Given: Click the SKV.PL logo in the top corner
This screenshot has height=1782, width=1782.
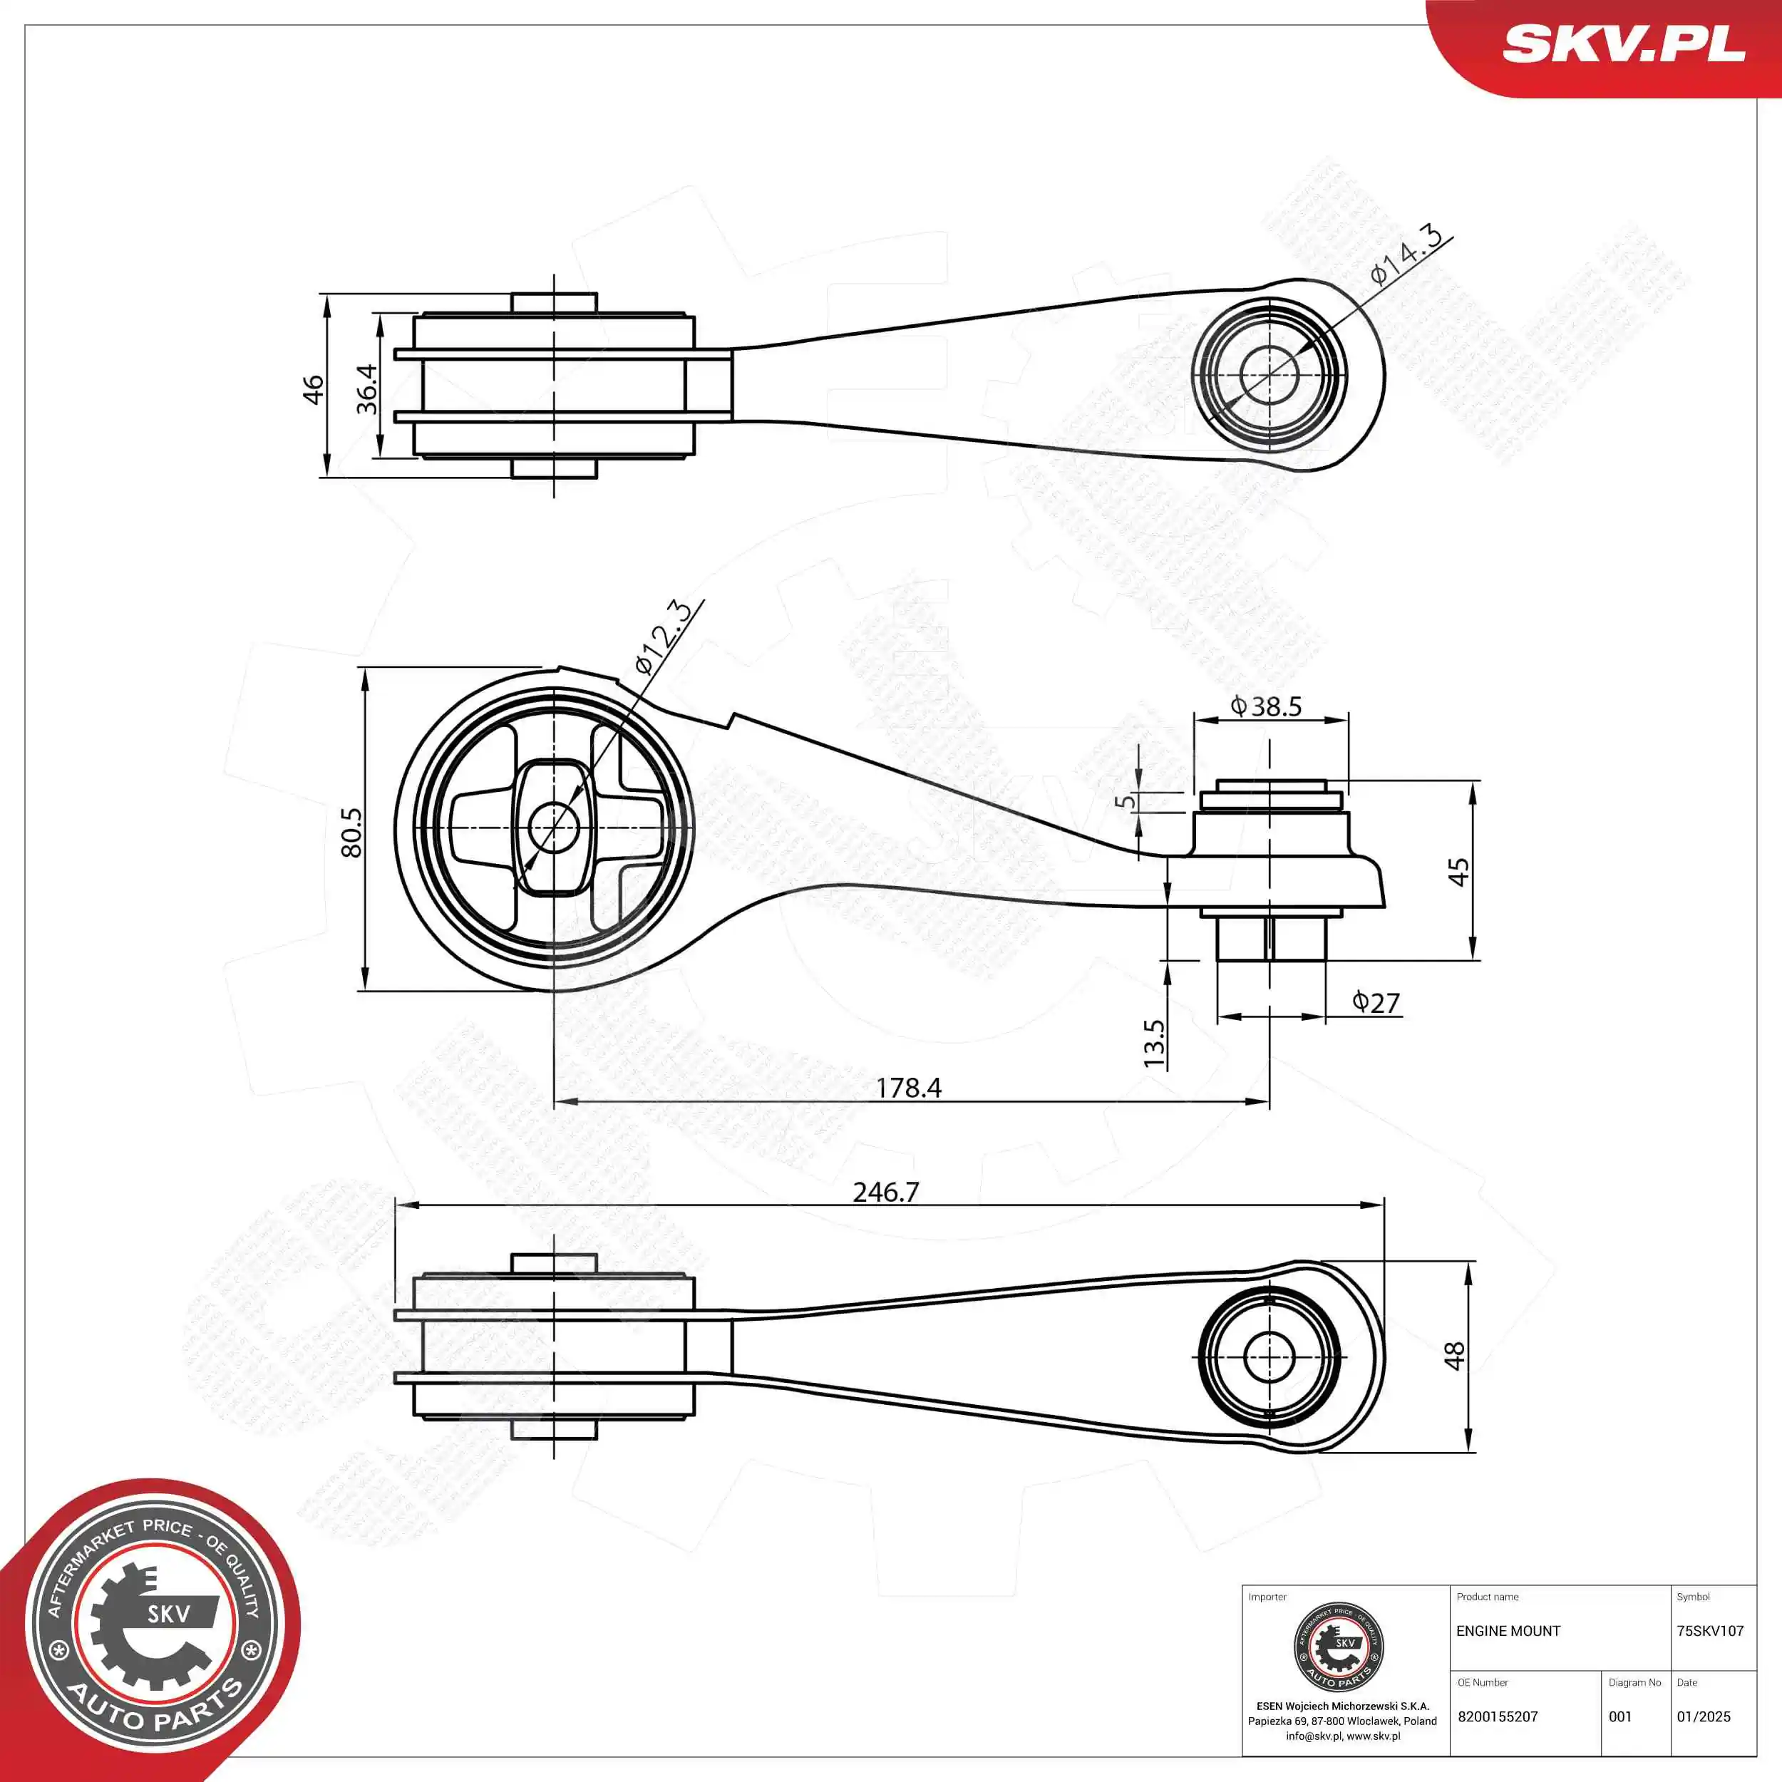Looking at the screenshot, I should click(1623, 44).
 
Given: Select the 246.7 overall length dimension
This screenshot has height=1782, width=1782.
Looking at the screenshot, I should click(885, 1193).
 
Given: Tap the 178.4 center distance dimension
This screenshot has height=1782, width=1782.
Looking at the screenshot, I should click(909, 1088).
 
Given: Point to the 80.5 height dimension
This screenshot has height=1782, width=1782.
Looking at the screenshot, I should click(351, 833).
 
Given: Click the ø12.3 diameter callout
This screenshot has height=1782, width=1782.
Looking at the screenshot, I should click(662, 637).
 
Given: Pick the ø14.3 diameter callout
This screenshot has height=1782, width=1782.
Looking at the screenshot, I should click(1406, 254).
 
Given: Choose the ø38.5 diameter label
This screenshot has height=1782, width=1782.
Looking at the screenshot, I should click(1267, 706).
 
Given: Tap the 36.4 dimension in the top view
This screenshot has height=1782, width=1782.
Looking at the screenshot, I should click(367, 388).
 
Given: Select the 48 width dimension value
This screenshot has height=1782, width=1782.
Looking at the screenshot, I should click(1455, 1355).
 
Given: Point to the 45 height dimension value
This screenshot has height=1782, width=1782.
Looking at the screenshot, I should click(1458, 872).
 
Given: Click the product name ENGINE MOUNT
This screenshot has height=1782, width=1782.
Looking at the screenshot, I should click(1508, 1632).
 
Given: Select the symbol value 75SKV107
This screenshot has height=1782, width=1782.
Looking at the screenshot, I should click(1710, 1632).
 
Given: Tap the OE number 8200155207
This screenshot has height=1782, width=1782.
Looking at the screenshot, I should click(1498, 1716).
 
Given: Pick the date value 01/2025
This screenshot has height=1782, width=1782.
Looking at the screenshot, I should click(1704, 1716).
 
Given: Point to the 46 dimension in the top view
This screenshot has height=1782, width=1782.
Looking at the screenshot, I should click(314, 388).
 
